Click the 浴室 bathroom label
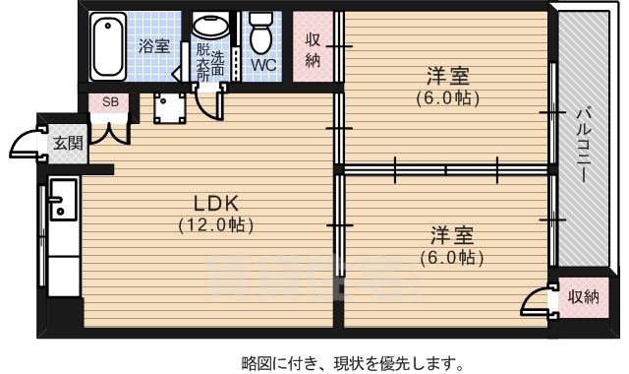tap(153, 45)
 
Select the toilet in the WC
tap(261, 35)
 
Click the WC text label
tap(262, 66)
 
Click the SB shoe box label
tap(110, 101)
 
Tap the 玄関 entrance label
tap(68, 144)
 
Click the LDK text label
tap(216, 204)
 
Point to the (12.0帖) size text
tap(216, 225)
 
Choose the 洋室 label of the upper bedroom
tap(447, 76)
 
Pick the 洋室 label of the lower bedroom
tap(451, 236)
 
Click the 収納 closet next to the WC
tap(313, 50)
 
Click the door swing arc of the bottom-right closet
tap(536, 298)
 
